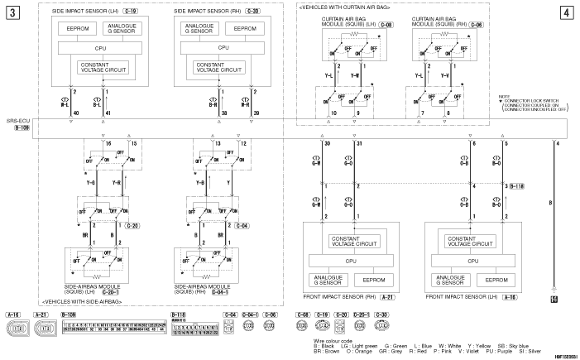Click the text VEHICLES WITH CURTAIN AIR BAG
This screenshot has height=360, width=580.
tap(356, 6)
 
